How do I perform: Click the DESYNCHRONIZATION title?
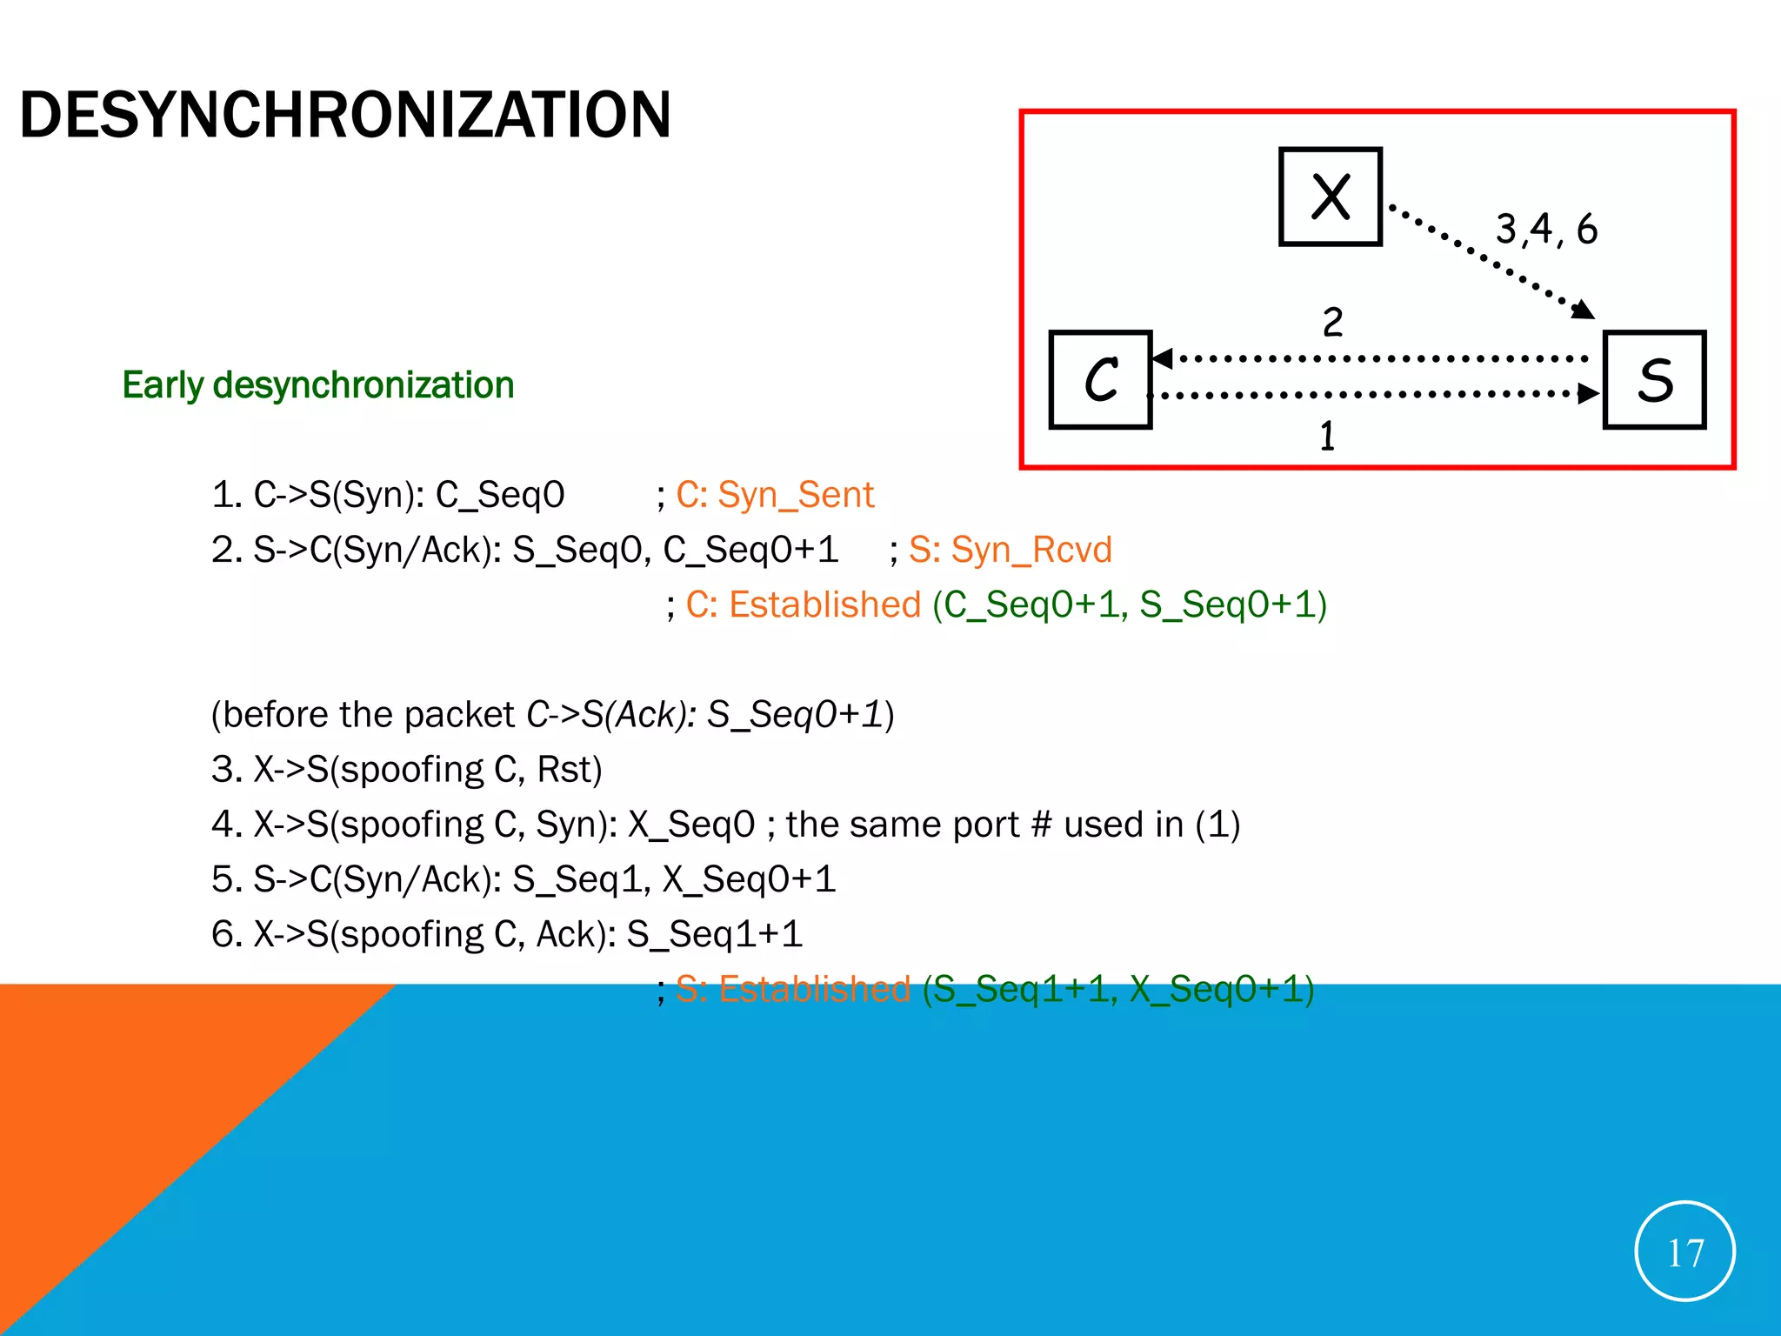pyautogui.click(x=345, y=115)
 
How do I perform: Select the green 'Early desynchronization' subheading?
pyautogui.click(x=317, y=384)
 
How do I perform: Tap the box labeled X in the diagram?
pyautogui.click(x=1330, y=197)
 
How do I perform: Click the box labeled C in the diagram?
pyautogui.click(x=1100, y=380)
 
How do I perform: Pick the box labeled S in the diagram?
pyautogui.click(x=1654, y=380)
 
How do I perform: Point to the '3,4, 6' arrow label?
pyautogui.click(x=1546, y=229)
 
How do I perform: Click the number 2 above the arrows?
pyautogui.click(x=1332, y=323)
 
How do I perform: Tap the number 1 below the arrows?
pyautogui.click(x=1327, y=436)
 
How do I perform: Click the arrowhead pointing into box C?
pyautogui.click(x=1162, y=358)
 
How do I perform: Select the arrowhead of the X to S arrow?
pyautogui.click(x=1584, y=310)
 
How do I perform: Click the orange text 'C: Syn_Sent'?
pyautogui.click(x=775, y=495)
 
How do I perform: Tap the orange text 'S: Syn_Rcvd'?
pyautogui.click(x=1010, y=550)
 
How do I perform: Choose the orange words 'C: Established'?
pyautogui.click(x=803, y=605)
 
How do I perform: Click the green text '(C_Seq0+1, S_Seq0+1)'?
pyautogui.click(x=1129, y=605)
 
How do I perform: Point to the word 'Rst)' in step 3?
pyautogui.click(x=570, y=770)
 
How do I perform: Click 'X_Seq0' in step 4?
pyautogui.click(x=691, y=825)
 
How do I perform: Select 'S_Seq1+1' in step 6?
pyautogui.click(x=714, y=934)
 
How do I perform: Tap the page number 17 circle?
pyautogui.click(x=1684, y=1252)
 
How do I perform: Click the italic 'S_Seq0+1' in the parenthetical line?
pyautogui.click(x=795, y=715)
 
